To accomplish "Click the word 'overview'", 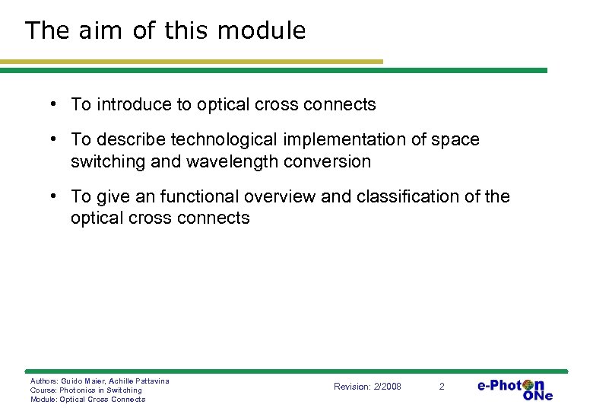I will click(278, 196).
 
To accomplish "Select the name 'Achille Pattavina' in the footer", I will click(139, 381).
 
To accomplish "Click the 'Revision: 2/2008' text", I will click(367, 387).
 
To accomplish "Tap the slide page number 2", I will click(442, 387).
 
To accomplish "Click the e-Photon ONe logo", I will click(515, 388).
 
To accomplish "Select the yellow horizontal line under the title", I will click(190, 62).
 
